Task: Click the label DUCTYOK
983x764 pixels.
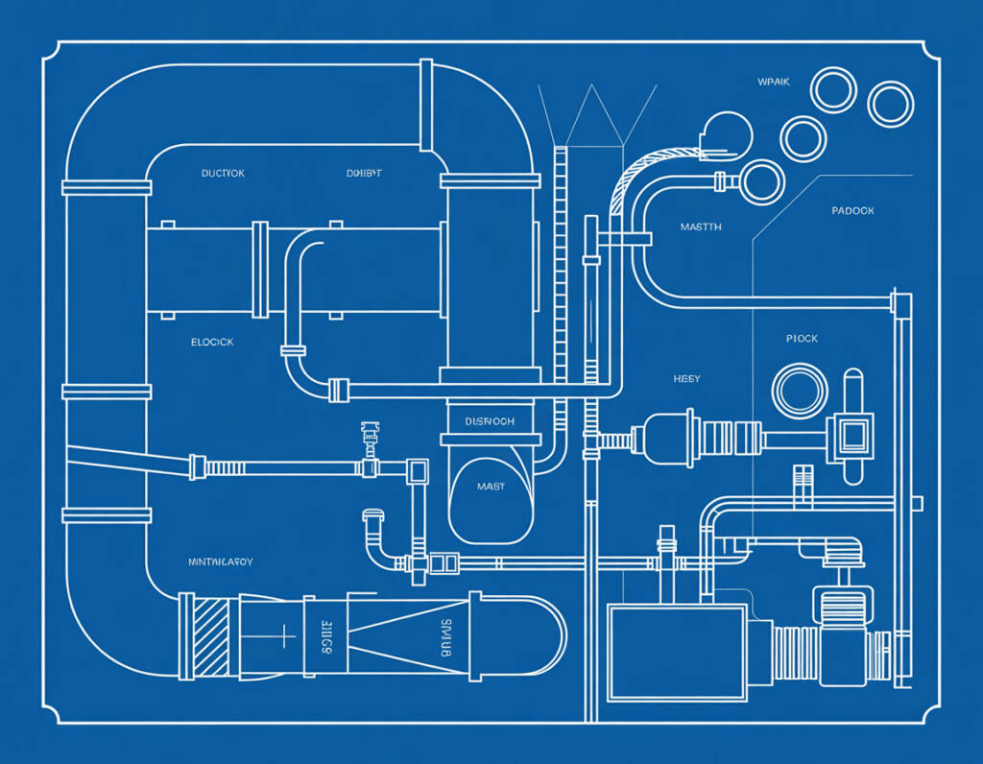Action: coord(223,174)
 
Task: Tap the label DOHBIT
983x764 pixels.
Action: coord(364,174)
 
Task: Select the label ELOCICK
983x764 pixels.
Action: coord(212,342)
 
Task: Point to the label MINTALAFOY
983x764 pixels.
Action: coord(221,561)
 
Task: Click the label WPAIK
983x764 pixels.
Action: coord(773,82)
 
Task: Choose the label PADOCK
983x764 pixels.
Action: coord(852,210)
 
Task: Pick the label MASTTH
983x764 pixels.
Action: coord(701,227)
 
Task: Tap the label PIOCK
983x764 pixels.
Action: coord(802,339)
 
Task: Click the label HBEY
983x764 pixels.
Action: coord(686,379)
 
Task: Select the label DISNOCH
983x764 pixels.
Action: coord(490,421)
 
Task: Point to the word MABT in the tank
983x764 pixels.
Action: coord(491,487)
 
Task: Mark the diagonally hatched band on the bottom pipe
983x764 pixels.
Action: coord(211,634)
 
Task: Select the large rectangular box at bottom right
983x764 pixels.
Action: coord(677,651)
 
